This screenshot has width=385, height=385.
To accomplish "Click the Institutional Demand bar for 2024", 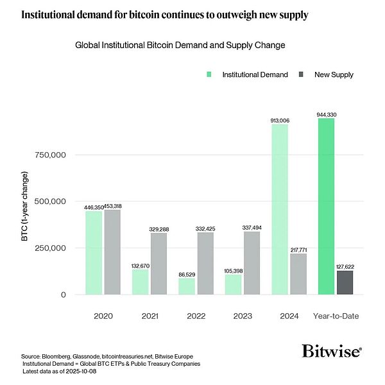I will tap(279, 209).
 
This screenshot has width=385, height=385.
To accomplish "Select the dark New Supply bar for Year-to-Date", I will tap(344, 282).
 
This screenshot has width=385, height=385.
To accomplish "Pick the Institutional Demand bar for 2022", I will tap(187, 286).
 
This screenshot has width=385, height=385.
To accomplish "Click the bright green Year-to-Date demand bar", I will tap(325, 206).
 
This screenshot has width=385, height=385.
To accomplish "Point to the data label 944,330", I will tap(326, 114).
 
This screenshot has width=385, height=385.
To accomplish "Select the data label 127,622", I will tap(345, 266).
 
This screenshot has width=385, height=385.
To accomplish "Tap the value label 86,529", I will tap(187, 274).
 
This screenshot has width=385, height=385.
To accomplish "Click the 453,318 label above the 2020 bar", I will tap(113, 207).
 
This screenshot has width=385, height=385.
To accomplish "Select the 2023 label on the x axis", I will tap(242, 316).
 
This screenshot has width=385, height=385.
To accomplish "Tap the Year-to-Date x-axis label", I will tap(335, 316).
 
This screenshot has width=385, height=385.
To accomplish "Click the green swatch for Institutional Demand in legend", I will tap(209, 74).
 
